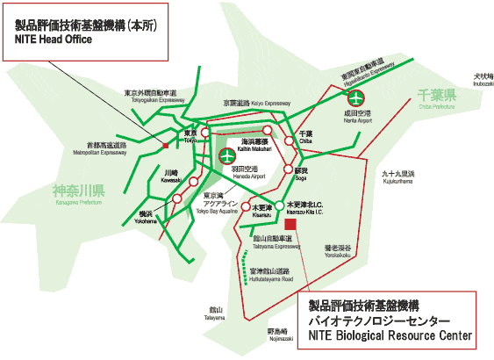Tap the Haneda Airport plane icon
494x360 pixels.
(x=227, y=157)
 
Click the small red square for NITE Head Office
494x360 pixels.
(x=165, y=144)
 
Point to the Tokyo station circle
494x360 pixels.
(x=205, y=133)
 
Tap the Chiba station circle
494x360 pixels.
(x=289, y=140)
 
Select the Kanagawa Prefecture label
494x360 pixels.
(x=78, y=191)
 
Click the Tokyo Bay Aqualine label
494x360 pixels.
(x=216, y=204)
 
